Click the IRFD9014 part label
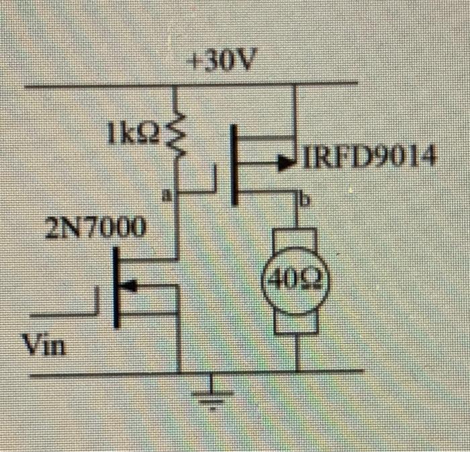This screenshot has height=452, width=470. pos(369,159)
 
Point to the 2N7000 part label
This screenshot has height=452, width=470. pos(95,228)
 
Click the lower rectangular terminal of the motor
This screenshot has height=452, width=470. pos(296,321)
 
